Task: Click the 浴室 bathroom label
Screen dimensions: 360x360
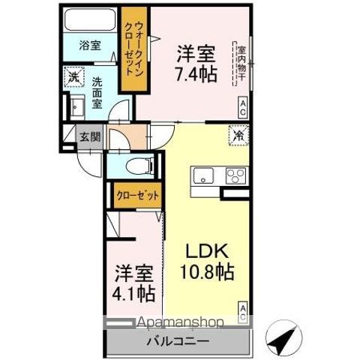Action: point(91,45)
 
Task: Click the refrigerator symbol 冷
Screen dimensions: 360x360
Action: point(238,136)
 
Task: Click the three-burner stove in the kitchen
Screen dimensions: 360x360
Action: point(234,177)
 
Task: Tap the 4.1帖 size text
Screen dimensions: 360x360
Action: point(135,292)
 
